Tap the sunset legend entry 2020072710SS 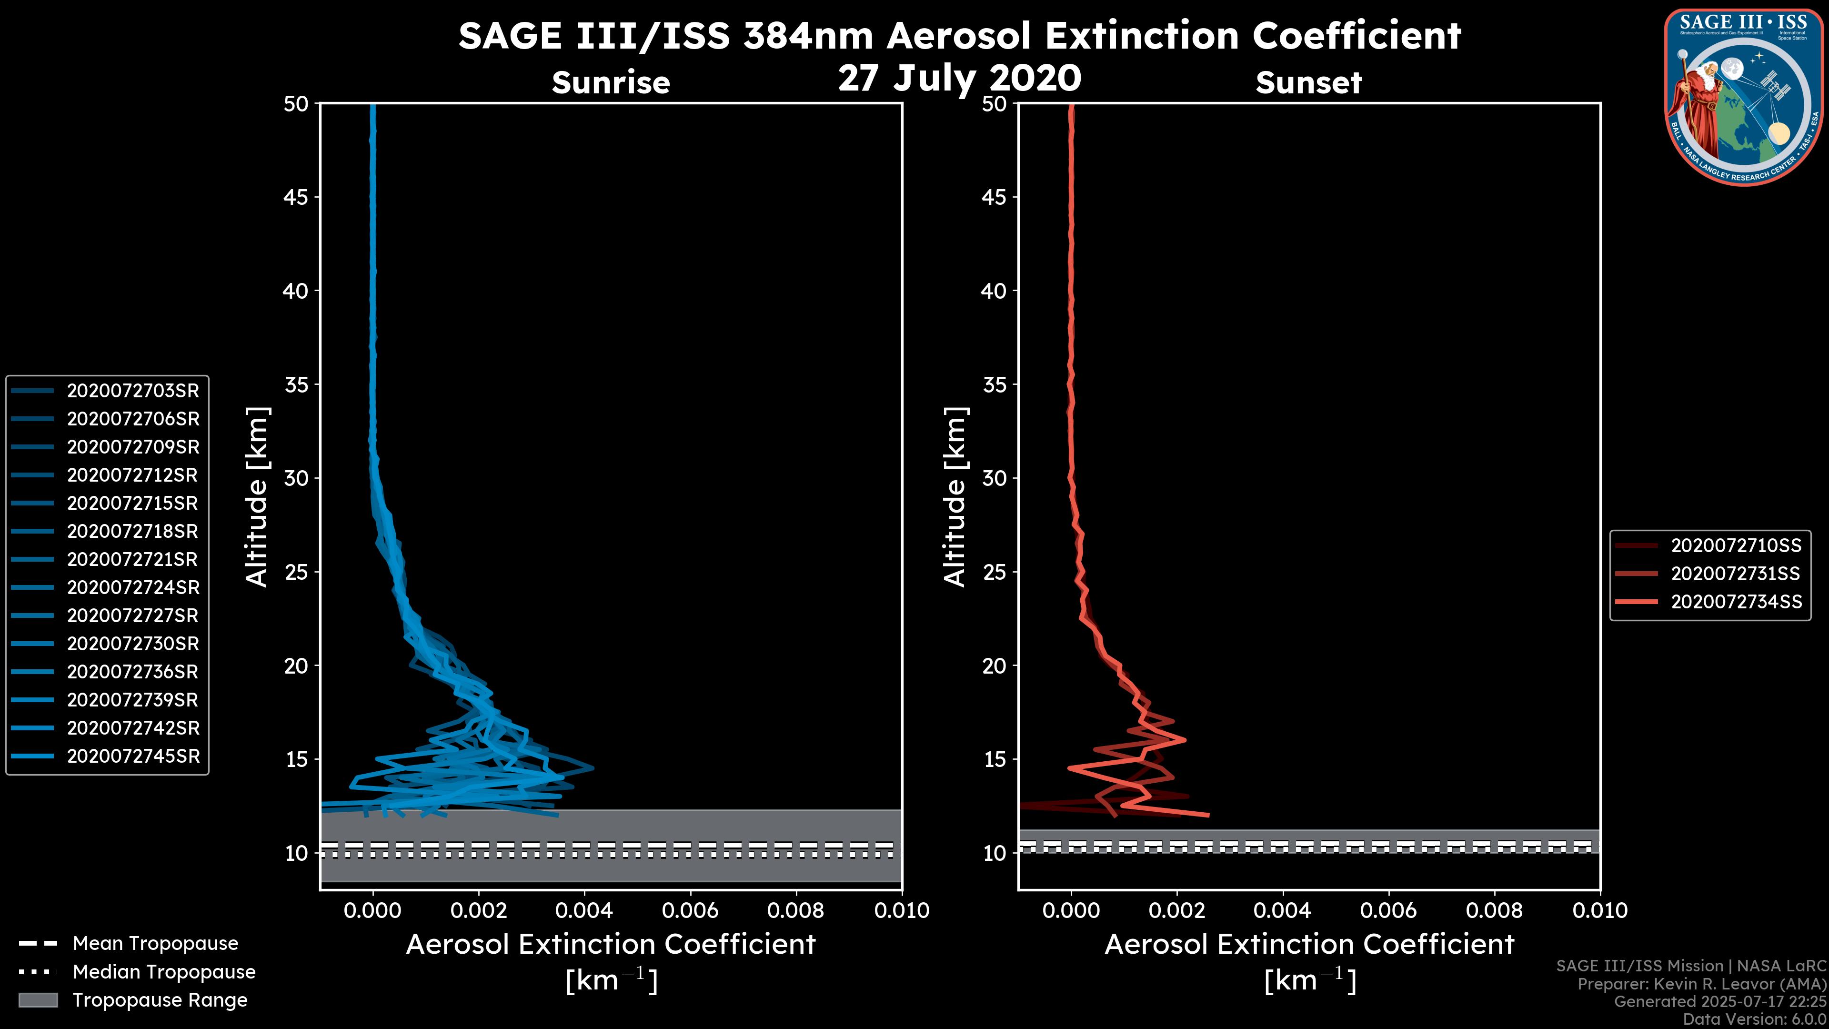coord(1735,545)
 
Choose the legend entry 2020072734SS coord(1735,602)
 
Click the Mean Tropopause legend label coord(155,943)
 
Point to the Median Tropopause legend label coord(164,971)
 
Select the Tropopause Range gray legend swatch coord(38,1000)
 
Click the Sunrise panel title coord(611,82)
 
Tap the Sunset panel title coord(1308,82)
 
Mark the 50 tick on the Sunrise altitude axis coord(296,104)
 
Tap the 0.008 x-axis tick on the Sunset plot coord(1495,910)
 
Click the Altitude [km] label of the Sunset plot coord(955,496)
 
